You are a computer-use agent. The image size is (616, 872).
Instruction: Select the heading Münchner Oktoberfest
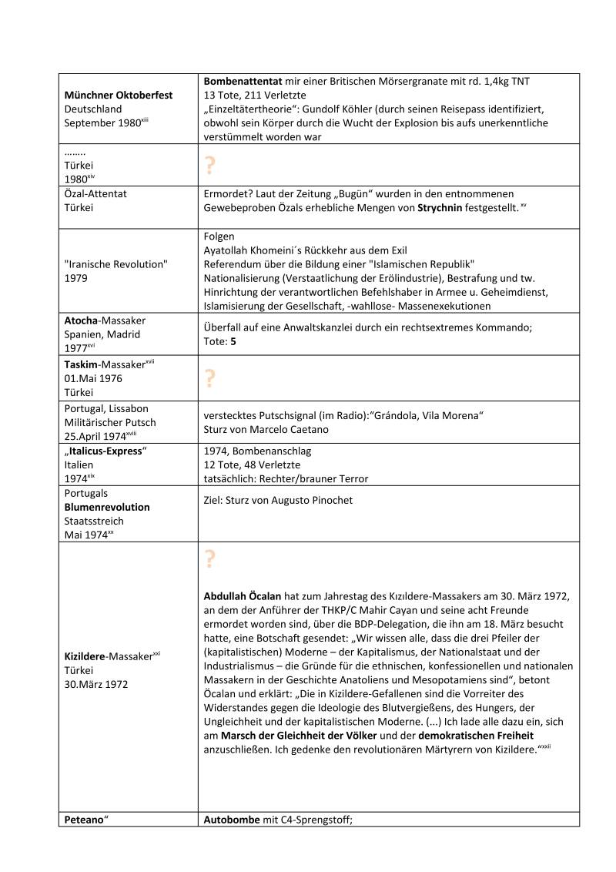pyautogui.click(x=118, y=96)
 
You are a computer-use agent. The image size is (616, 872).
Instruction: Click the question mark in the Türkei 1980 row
pyautogui.click(x=209, y=165)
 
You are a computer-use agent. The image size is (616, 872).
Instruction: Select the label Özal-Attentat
pyautogui.click(x=95, y=194)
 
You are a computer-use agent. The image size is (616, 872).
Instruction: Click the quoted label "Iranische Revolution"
pyautogui.click(x=115, y=264)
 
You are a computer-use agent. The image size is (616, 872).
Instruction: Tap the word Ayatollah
pyautogui.click(x=229, y=250)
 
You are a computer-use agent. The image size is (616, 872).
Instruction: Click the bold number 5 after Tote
pyautogui.click(x=233, y=341)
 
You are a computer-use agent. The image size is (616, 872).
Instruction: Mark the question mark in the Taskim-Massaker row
pyautogui.click(x=209, y=378)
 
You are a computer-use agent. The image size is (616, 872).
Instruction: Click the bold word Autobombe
pyautogui.click(x=232, y=820)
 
